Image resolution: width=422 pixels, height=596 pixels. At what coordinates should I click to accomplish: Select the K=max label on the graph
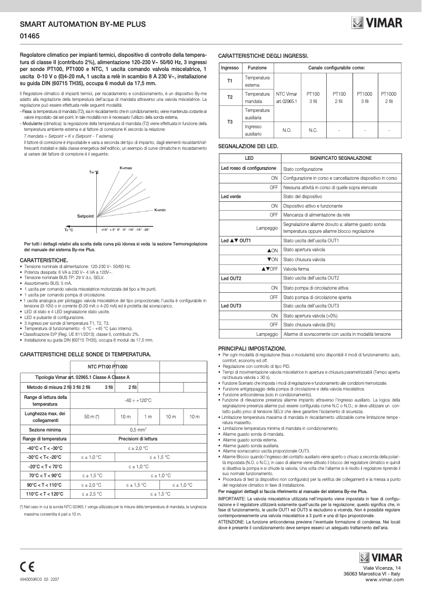pyautogui.click(x=126, y=168)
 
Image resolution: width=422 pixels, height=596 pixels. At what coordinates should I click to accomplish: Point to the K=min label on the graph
pyautogui.click(x=160, y=210)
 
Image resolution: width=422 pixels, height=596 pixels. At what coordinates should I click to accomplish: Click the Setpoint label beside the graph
pyautogui.click(x=85, y=216)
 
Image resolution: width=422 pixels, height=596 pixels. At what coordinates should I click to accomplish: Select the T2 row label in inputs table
pyautogui.click(x=230, y=97)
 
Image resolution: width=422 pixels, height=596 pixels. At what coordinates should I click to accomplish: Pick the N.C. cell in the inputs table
pyautogui.click(x=313, y=130)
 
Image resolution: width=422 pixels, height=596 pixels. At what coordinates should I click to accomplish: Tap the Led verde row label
pyautogui.click(x=231, y=196)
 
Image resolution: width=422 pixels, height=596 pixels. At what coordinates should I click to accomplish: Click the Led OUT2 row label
pyautogui.click(x=232, y=278)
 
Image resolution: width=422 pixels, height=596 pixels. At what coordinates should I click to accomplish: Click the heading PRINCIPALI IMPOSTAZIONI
pyautogui.click(x=252, y=348)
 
